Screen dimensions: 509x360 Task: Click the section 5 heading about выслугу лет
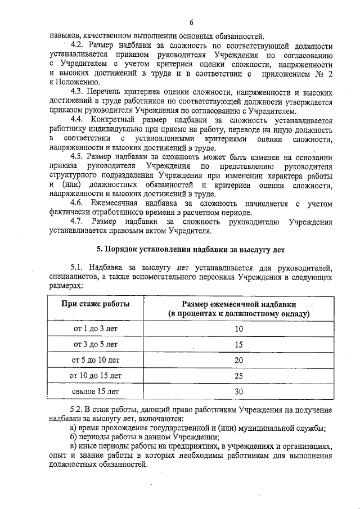click(191, 249)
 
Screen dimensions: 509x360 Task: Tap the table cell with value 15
click(238, 344)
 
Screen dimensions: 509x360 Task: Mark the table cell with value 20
click(238, 359)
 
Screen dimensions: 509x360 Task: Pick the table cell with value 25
click(238, 375)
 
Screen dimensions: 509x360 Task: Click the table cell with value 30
click(238, 390)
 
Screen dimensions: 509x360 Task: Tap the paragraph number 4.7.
click(77, 222)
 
